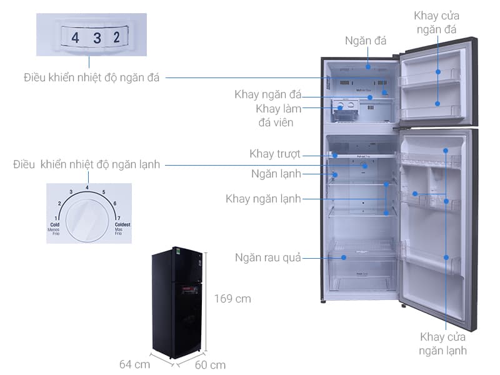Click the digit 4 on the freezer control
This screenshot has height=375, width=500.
(x=76, y=37)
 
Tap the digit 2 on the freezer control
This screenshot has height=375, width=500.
(x=116, y=37)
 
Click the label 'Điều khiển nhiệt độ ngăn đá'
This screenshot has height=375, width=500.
(x=92, y=78)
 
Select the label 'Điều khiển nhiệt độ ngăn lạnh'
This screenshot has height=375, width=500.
(x=87, y=165)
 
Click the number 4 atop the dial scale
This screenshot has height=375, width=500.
(x=87, y=187)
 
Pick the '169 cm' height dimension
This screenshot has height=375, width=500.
(x=232, y=299)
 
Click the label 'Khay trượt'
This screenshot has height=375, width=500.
(x=275, y=154)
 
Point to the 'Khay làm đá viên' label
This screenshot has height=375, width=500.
(x=279, y=116)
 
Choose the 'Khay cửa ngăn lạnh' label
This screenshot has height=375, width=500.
(x=443, y=344)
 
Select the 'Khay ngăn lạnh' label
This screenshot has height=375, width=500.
(x=263, y=199)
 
